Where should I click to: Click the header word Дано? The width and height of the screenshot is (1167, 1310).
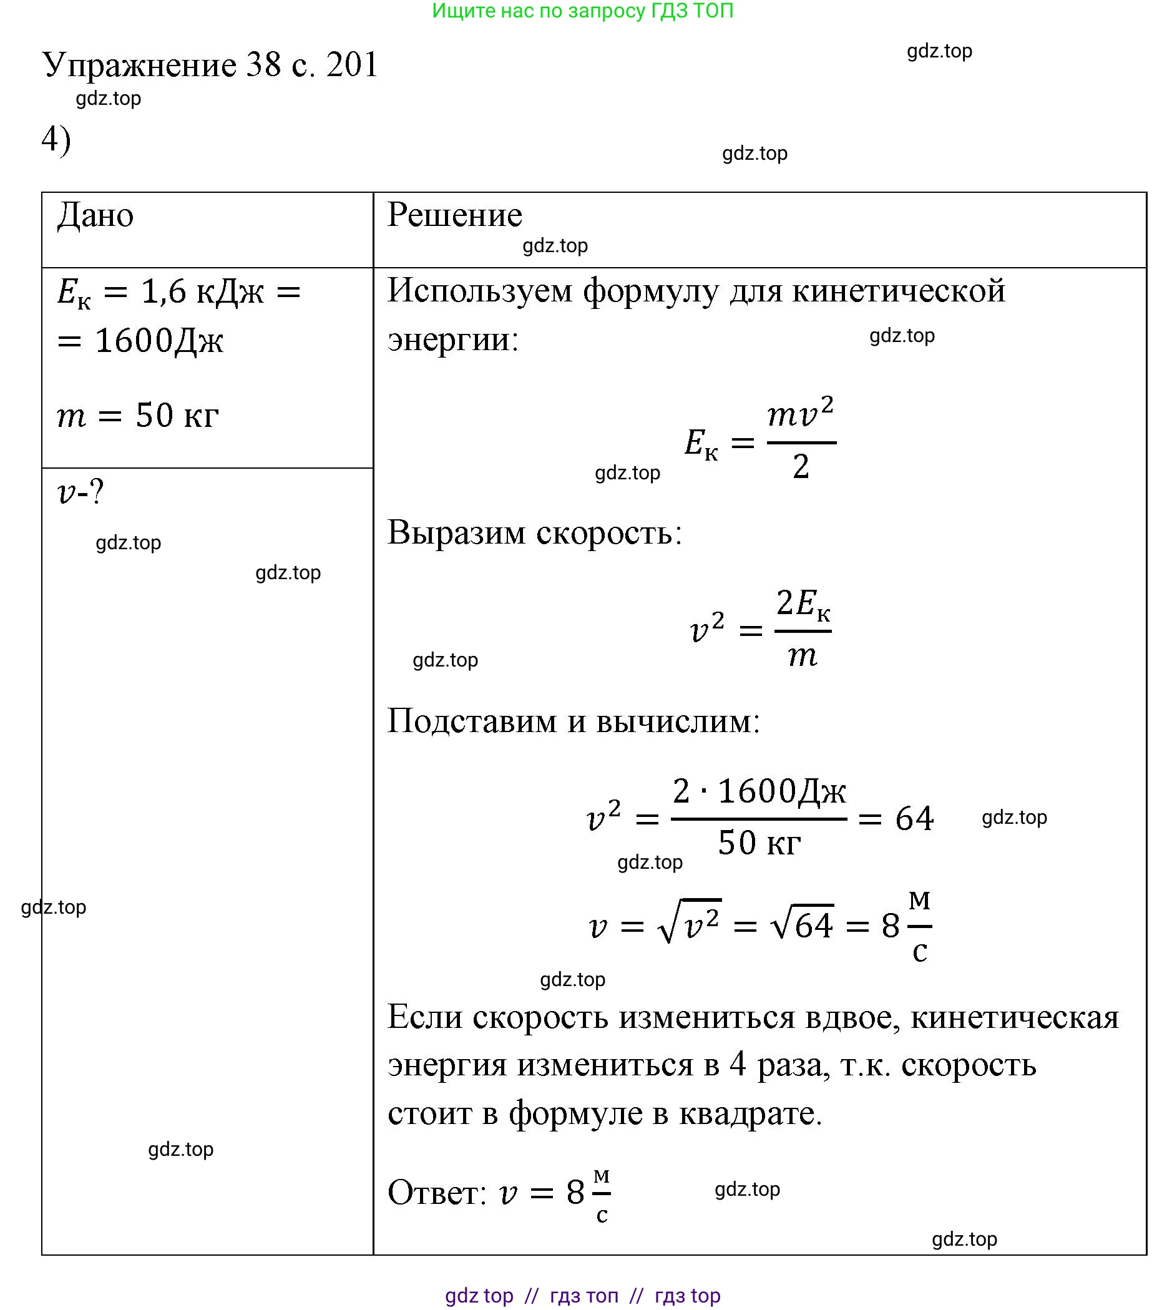[95, 215]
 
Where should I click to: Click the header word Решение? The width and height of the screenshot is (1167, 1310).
[454, 215]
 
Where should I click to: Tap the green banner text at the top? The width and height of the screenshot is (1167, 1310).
[582, 11]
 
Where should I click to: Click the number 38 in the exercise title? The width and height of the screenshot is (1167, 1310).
[263, 65]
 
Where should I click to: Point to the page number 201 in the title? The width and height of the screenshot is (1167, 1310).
[352, 65]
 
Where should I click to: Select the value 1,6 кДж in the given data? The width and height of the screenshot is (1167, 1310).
[202, 292]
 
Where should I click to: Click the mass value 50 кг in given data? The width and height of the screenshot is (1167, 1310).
[177, 416]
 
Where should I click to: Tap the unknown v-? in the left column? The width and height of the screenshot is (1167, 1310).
[80, 492]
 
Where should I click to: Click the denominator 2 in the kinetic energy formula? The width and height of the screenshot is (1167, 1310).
[801, 467]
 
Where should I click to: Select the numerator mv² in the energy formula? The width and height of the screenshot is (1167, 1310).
[801, 414]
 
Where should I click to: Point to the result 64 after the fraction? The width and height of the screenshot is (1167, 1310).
[914, 819]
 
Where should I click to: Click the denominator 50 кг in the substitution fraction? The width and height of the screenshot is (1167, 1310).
[759, 843]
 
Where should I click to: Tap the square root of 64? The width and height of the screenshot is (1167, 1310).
[803, 926]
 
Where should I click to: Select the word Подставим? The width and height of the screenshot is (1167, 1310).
[472, 721]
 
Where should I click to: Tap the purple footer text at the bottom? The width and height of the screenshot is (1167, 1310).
[582, 1295]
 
